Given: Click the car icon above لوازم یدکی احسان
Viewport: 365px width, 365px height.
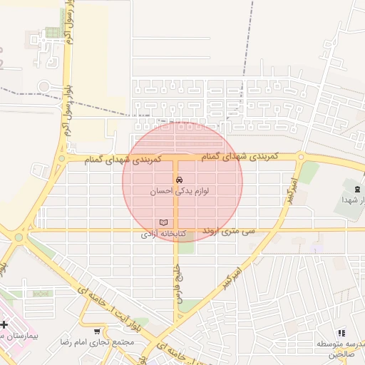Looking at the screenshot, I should click(178, 180).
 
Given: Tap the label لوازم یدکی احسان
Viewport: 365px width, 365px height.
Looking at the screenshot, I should click(179, 192).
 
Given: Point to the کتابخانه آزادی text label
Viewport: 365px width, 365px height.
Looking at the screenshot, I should click(163, 234).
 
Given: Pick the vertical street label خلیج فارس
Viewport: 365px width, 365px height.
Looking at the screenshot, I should click(178, 286).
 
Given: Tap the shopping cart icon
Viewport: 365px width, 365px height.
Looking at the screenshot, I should click(98, 331).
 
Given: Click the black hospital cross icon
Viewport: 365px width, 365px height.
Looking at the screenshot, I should click(4, 324).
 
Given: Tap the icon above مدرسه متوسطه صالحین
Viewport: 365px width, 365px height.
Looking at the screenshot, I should click(341, 332).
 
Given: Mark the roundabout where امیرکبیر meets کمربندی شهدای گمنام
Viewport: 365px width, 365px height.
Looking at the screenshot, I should click(302, 157).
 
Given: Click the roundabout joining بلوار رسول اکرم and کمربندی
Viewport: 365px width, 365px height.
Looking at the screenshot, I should click(63, 158).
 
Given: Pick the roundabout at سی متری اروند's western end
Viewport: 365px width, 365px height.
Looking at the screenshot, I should click(19, 237).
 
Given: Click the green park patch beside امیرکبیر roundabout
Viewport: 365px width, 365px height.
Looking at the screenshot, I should click(309, 172).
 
